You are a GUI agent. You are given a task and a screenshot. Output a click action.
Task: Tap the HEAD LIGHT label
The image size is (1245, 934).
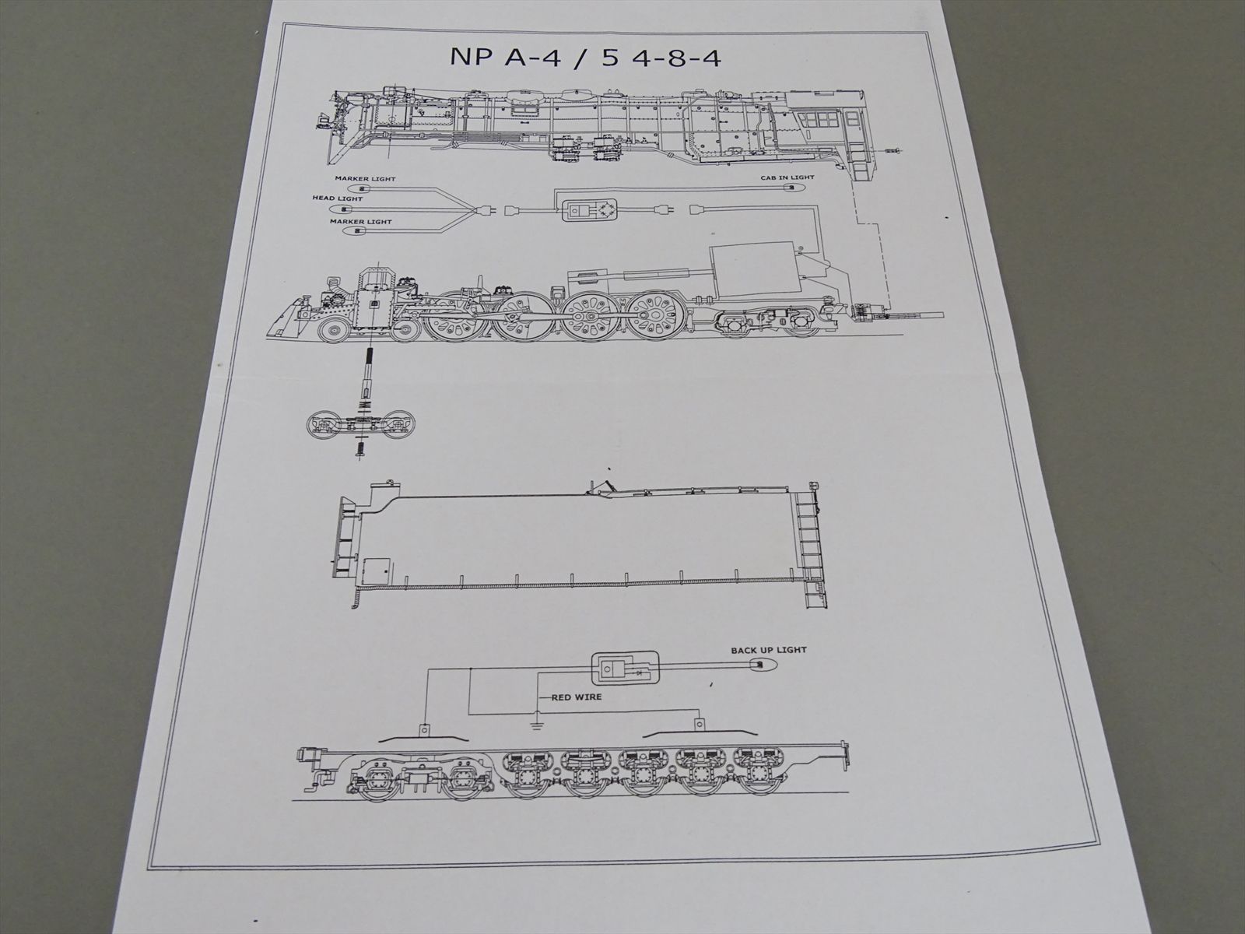338,198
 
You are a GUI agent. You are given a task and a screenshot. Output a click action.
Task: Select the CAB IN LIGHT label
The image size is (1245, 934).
787,177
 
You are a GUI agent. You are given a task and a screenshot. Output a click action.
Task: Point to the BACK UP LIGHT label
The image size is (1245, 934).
769,651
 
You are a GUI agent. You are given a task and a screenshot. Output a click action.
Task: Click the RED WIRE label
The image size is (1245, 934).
577,697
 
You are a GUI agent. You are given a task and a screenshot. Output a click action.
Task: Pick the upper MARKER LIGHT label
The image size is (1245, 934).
365,179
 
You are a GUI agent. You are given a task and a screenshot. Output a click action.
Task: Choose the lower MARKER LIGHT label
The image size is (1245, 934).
361,222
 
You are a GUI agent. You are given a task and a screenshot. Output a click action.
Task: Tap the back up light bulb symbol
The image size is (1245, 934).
763,665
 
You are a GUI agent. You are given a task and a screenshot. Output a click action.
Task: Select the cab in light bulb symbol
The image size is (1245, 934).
791,188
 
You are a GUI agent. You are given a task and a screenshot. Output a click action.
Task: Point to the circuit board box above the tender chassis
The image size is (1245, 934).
624,670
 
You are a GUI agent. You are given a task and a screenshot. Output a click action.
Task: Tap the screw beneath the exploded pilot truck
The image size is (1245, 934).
359,451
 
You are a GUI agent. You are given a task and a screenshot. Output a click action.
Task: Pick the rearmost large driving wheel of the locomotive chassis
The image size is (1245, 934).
657,316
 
